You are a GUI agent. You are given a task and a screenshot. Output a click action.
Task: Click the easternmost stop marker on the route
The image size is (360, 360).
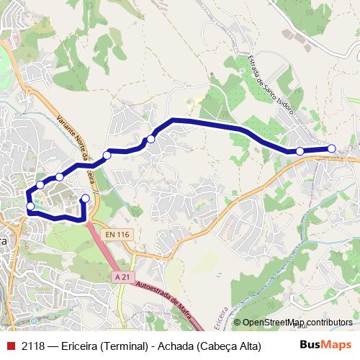[332, 148]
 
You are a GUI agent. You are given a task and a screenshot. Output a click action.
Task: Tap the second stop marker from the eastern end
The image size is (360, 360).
[300, 151]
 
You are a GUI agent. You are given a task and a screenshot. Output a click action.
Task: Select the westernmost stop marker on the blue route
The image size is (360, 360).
[30, 207]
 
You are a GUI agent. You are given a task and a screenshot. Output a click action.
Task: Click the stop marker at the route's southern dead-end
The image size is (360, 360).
[86, 198]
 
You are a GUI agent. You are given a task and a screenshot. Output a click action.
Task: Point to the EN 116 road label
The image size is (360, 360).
[115, 235]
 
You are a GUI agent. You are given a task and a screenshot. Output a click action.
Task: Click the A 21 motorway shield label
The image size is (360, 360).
[123, 276]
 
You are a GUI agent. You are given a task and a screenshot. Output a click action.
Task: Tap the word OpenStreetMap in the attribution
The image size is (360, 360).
[274, 323]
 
